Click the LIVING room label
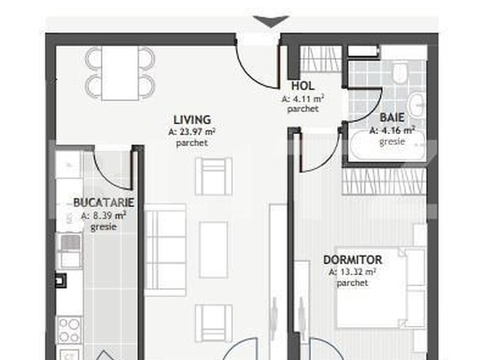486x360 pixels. click(192, 119)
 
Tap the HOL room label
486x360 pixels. click(302, 86)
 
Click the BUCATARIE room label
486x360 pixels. click(104, 203)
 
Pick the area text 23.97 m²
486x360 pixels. click(192, 132)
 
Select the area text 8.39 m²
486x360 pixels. click(104, 216)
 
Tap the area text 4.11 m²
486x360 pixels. click(302, 98)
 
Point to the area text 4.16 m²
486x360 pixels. click(395, 130)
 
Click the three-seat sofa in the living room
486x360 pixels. click(165, 245)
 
